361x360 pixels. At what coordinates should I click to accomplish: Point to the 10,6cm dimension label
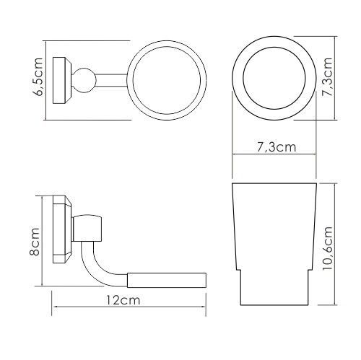click(x=329, y=245)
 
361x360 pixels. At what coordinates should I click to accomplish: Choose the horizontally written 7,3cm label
click(x=276, y=149)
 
